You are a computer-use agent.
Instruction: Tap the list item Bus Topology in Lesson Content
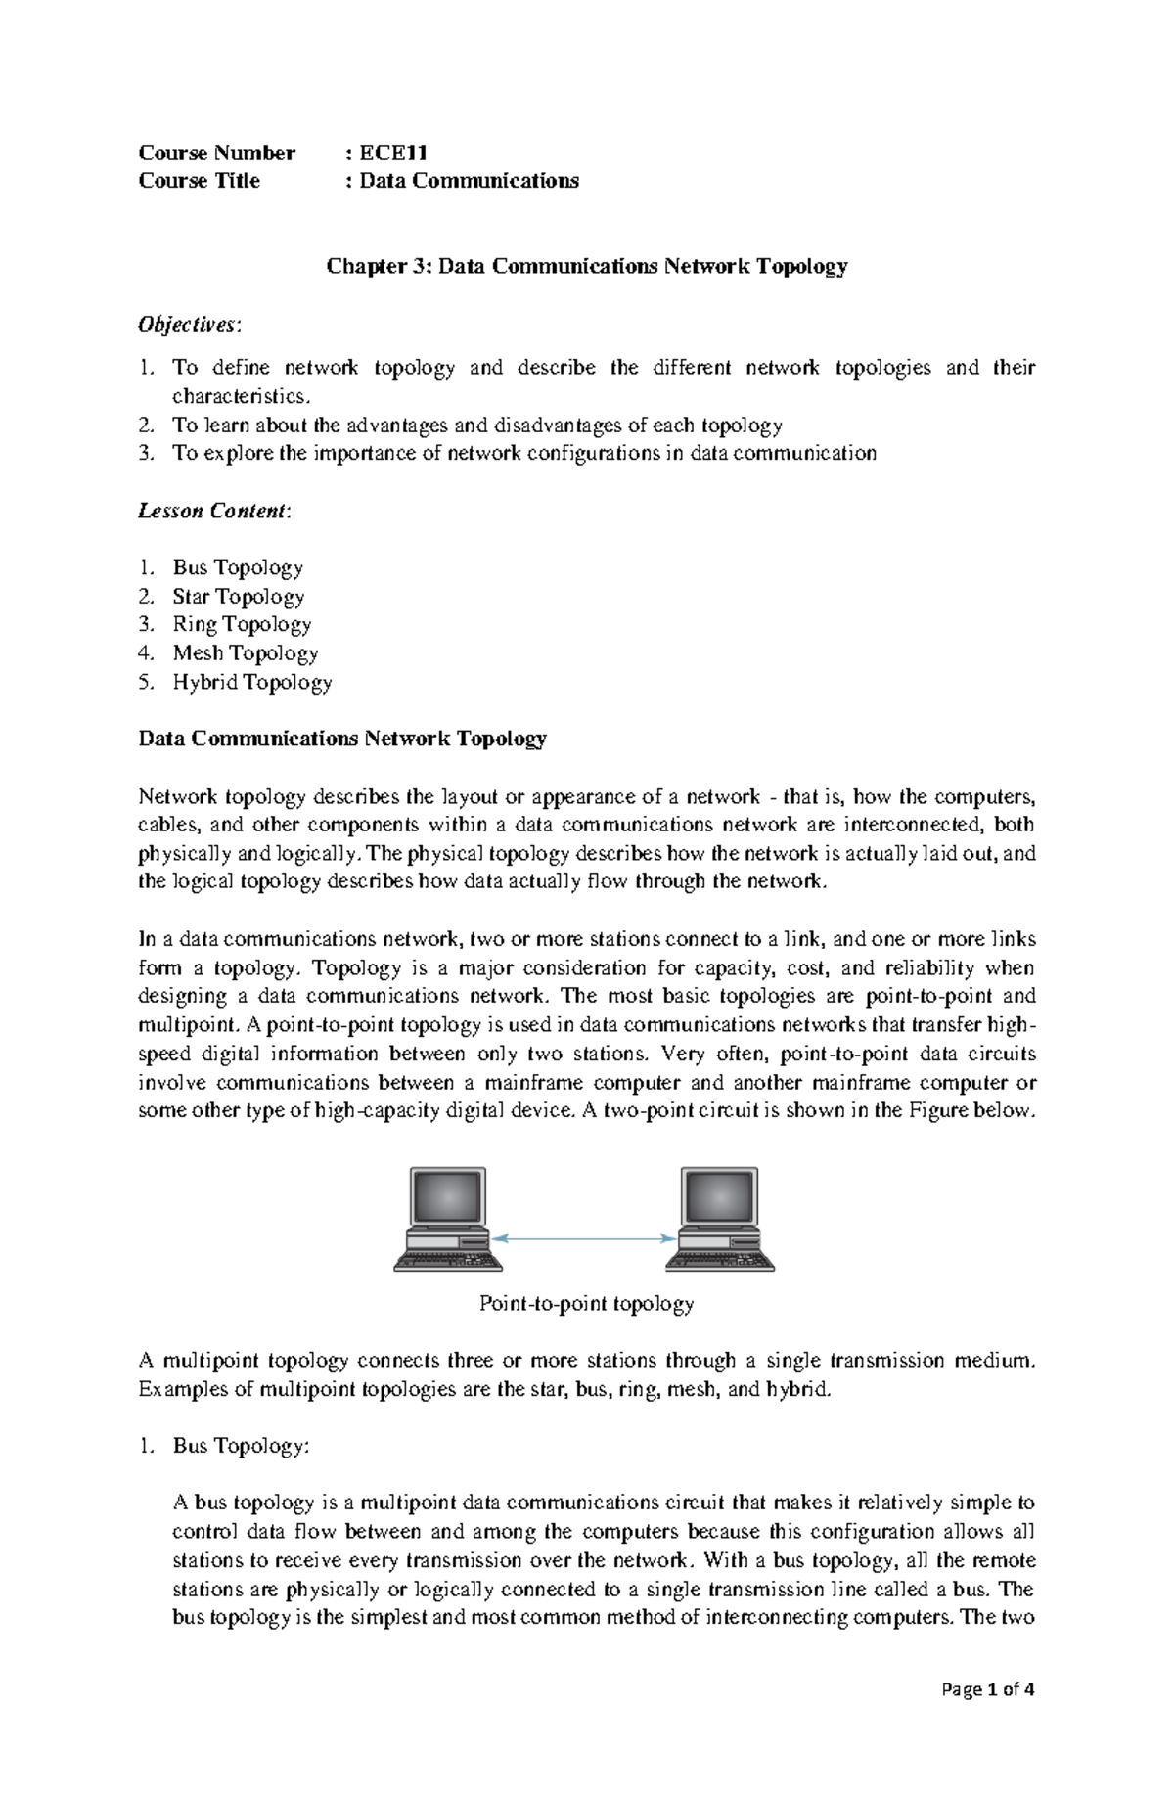[x=238, y=567]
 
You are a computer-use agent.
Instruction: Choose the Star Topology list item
[x=238, y=596]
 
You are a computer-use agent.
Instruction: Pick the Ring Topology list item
[x=242, y=624]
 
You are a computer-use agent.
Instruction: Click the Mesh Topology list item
[x=245, y=652]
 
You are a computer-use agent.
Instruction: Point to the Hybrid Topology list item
[x=252, y=682]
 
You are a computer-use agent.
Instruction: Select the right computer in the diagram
[x=720, y=1219]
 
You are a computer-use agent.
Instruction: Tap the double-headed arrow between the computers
[x=585, y=1238]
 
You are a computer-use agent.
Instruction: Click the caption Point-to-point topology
[x=586, y=1303]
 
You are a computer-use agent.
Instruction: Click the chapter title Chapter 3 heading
[x=586, y=266]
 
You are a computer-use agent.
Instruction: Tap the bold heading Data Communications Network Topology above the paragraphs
[x=342, y=739]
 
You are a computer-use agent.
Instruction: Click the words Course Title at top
[x=200, y=181]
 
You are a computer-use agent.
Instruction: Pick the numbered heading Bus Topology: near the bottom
[x=240, y=1446]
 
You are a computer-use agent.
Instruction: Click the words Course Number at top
[x=216, y=153]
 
